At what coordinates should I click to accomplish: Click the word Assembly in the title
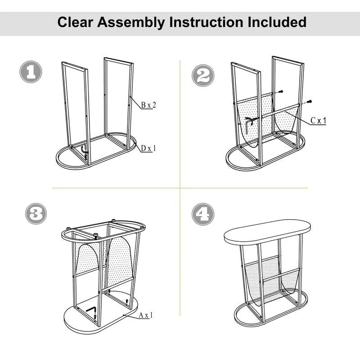[x=130, y=22]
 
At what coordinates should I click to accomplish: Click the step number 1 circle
[x=31, y=72]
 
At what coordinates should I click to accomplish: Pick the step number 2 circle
[x=203, y=75]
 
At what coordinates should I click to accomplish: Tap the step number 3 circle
[x=36, y=214]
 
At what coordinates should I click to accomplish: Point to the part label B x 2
[x=148, y=105]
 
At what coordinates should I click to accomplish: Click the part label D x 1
[x=147, y=148]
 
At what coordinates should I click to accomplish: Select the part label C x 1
[x=318, y=121]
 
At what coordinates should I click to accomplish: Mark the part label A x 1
[x=145, y=315]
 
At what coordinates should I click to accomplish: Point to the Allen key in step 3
[x=92, y=310]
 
